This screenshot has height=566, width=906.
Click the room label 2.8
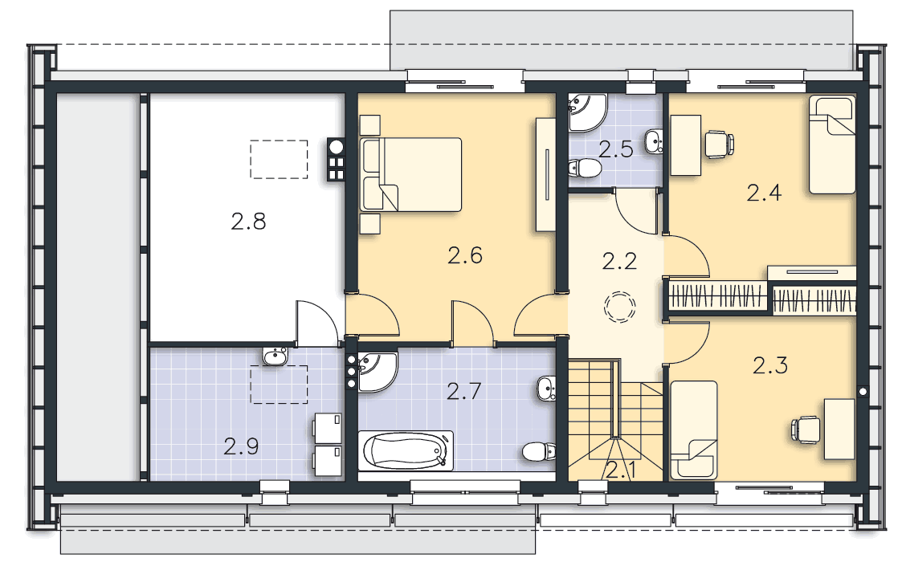[x=248, y=222]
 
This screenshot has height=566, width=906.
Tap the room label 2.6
[x=465, y=255]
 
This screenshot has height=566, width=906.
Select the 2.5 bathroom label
[x=616, y=149]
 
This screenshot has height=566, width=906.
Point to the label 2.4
[x=764, y=193]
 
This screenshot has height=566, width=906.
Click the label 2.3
[x=770, y=365]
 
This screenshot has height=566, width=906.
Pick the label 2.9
[x=241, y=446]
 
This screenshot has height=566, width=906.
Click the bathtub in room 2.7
[x=406, y=451]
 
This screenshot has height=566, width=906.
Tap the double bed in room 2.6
[x=410, y=174]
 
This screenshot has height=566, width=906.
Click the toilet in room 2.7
[x=539, y=452]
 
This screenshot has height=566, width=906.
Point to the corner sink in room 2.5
[x=587, y=112]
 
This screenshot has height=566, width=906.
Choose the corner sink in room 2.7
[x=377, y=372]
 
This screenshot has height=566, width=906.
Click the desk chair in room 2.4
[x=719, y=145]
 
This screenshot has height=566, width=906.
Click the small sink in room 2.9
[x=275, y=356]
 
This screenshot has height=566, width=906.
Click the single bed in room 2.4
[x=832, y=145]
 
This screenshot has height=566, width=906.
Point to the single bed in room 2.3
[x=693, y=430]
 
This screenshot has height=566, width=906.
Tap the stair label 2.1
[x=621, y=471]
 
